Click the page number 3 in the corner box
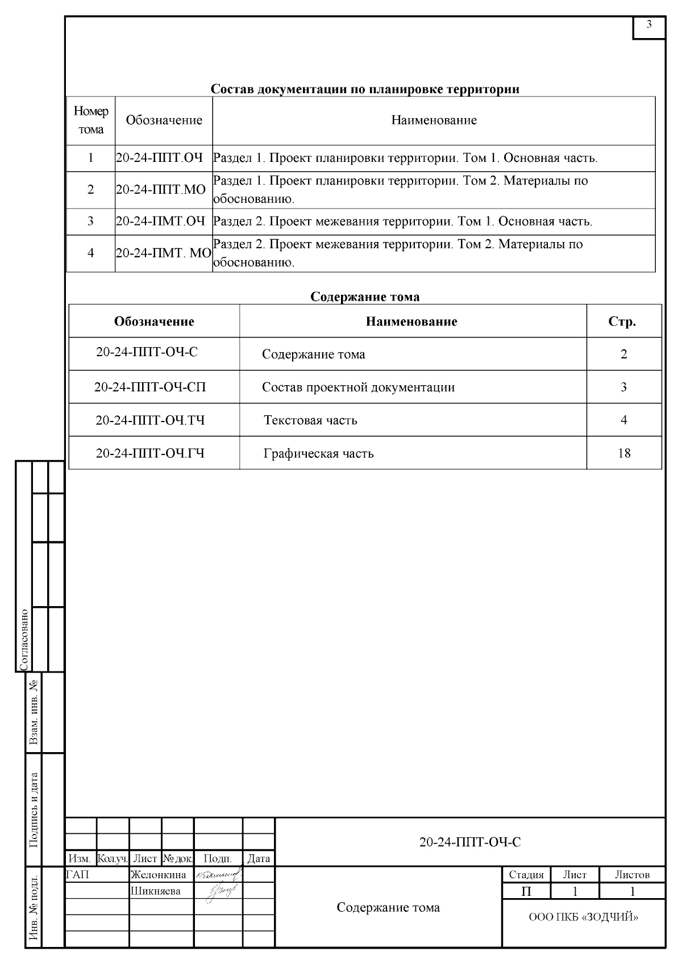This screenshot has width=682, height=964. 649,25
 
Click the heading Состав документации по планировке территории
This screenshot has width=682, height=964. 365,89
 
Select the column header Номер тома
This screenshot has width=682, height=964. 91,120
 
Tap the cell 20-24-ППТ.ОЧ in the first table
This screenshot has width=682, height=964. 159,158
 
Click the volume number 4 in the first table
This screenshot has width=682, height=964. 90,253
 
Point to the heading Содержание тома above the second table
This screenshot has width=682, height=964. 365,297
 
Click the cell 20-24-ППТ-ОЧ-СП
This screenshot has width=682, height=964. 150,387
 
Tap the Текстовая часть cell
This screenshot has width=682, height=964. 310,420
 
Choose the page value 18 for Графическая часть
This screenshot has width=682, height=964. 623,453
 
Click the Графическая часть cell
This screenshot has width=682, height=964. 318,453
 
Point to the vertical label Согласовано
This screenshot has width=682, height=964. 24,639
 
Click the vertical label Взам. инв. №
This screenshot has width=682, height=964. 34,712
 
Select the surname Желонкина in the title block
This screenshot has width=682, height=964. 158,875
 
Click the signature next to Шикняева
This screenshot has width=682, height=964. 219,891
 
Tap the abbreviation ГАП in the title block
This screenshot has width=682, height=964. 78,875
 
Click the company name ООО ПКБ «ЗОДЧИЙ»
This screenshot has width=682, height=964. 583,917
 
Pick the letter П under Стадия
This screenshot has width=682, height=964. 526,891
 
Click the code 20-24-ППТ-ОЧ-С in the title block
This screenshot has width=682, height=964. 469,842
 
